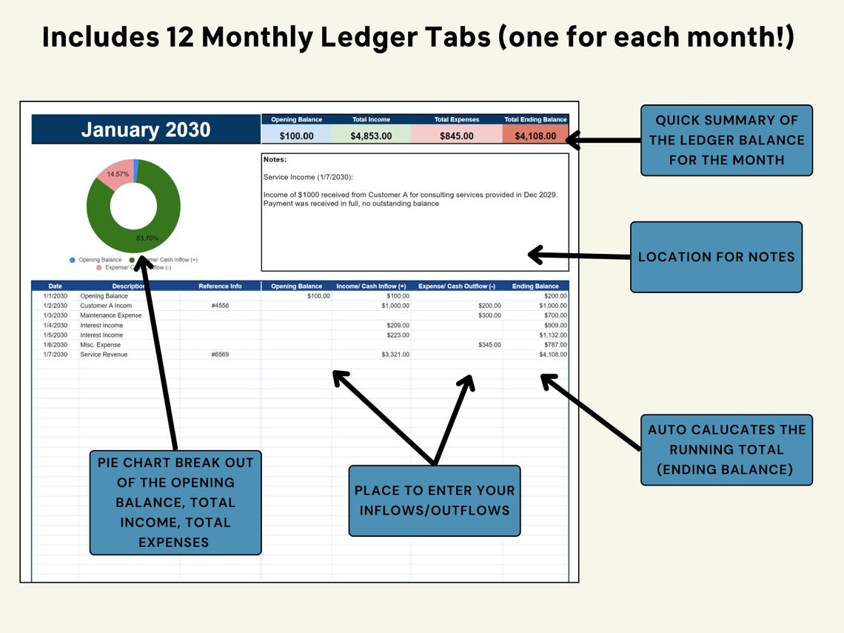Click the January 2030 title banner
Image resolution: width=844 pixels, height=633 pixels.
coord(146,130)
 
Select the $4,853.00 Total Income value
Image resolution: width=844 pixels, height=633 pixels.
coord(371,135)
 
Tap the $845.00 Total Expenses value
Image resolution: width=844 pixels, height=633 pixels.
coord(456,135)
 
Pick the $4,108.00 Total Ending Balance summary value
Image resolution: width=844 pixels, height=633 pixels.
coord(535,135)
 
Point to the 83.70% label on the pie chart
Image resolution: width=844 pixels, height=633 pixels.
coord(147,238)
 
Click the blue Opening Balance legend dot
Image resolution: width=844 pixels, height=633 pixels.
coord(72,260)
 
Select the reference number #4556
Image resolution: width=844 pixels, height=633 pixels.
coord(220,306)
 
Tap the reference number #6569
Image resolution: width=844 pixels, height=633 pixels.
coord(220,355)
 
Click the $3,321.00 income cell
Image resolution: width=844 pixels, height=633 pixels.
coord(395,355)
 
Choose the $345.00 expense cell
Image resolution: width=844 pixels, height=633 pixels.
coord(489,345)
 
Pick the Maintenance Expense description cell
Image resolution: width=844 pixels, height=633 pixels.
coord(106,315)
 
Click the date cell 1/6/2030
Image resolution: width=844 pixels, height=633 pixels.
coord(55,345)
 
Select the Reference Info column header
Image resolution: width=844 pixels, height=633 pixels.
coord(220,287)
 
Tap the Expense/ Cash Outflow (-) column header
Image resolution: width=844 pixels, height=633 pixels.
coord(457,287)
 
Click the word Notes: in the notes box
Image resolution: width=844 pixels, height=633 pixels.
coord(275,159)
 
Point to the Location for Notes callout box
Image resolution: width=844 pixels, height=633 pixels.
coord(716,257)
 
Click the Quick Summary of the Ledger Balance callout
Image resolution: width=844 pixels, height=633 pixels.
coord(726,140)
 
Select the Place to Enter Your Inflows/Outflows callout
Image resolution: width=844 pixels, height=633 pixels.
coord(434,500)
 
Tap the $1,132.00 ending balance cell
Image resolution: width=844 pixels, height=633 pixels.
coord(552,335)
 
